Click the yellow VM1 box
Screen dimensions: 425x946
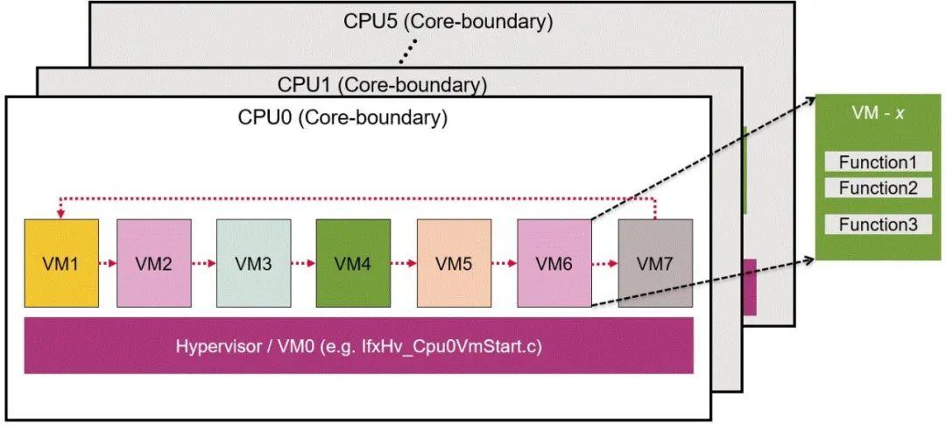tap(61, 263)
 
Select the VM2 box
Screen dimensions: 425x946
tap(154, 263)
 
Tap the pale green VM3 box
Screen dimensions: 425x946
tap(254, 263)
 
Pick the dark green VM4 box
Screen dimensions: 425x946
tap(354, 263)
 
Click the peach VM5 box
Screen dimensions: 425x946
tap(454, 263)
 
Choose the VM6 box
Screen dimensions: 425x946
tap(554, 263)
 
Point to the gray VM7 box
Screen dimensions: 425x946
tap(655, 263)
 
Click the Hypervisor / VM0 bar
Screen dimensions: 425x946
tap(359, 345)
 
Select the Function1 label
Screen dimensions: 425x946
tap(877, 162)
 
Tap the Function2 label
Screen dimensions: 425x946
tap(877, 188)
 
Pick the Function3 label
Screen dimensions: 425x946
tap(877, 224)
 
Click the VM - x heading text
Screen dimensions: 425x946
tap(877, 115)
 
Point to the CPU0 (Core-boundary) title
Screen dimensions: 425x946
tap(342, 117)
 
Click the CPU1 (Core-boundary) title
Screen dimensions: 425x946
tap(382, 85)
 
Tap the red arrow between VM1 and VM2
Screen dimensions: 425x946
tap(108, 262)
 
